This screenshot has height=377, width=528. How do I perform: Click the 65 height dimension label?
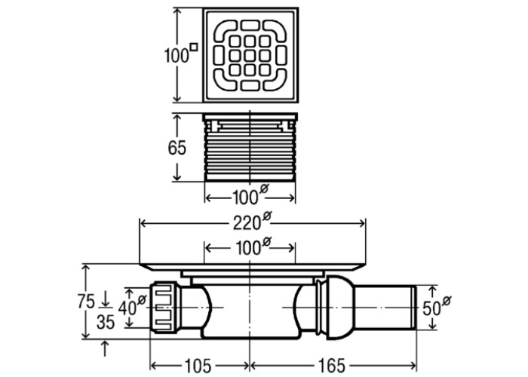pos(177,148)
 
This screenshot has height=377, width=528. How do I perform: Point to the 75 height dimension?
pos(87,302)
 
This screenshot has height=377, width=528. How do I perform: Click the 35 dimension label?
pos(106,322)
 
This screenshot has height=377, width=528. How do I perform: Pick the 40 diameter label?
pos(132,305)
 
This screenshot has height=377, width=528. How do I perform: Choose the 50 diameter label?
pos(437,306)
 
